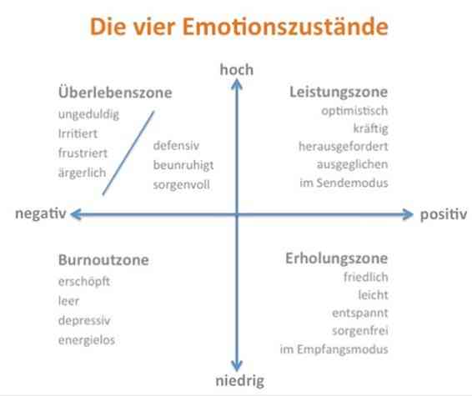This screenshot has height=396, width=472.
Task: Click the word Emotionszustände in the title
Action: (285, 27)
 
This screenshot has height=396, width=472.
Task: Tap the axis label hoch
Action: (237, 70)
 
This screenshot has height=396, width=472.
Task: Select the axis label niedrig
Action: (240, 381)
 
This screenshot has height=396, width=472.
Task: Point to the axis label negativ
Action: (41, 213)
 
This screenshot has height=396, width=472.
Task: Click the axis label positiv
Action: (444, 214)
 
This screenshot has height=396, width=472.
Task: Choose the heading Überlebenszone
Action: (115, 92)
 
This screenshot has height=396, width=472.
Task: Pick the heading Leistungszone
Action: (339, 92)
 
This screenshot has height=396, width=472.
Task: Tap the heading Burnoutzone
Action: (103, 259)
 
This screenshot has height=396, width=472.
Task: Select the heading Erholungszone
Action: (337, 258)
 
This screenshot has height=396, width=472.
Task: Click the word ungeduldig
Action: (88, 115)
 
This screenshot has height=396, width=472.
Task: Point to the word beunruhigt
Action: (183, 166)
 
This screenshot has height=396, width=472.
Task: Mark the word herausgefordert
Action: (344, 147)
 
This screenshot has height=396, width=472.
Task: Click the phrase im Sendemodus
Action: (344, 183)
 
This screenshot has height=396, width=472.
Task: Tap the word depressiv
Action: (84, 321)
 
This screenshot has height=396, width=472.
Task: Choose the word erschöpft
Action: (83, 282)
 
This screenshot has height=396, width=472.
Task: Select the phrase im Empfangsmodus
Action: (334, 349)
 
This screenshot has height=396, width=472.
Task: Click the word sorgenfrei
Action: (360, 331)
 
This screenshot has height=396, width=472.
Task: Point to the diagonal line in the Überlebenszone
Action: (128, 153)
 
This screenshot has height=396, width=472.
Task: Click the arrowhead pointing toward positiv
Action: (408, 214)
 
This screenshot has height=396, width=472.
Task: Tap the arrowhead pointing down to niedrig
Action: (237, 366)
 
